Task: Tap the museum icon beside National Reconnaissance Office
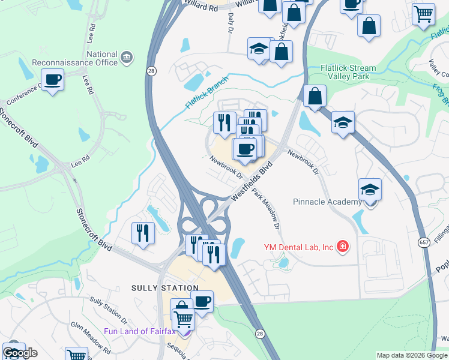(127, 58)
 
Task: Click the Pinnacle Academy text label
(327, 202)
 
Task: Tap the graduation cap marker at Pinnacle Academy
(370, 191)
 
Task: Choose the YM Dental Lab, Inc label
(299, 247)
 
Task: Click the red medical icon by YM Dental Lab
(343, 246)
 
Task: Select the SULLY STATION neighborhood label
(164, 288)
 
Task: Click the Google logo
(20, 353)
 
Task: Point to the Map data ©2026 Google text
(412, 355)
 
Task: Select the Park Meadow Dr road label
(266, 209)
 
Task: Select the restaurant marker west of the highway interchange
(143, 233)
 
